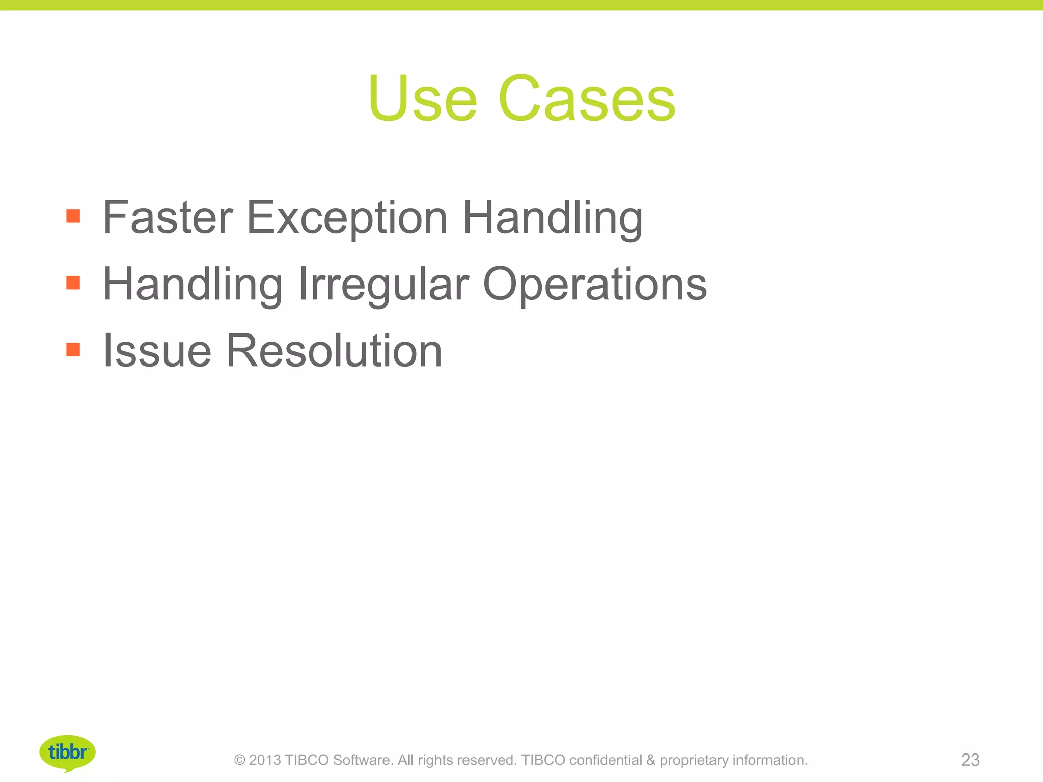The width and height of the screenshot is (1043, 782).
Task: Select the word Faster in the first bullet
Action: coord(168,217)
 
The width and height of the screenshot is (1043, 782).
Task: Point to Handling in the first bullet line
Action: coord(553,217)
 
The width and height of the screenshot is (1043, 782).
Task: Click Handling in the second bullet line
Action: coord(193,284)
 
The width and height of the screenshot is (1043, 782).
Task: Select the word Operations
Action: coord(595,284)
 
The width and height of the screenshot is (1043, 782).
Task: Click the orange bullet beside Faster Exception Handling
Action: coord(73,216)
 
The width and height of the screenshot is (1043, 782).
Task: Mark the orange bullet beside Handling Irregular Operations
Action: coord(73,283)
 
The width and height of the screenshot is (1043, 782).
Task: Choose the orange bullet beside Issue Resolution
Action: coord(73,349)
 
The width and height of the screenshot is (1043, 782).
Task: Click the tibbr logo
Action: coord(67,752)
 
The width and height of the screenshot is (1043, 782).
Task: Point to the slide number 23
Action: coord(970,760)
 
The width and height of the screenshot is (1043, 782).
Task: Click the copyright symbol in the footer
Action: coord(239,760)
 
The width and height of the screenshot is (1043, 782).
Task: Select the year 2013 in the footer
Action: coord(265,760)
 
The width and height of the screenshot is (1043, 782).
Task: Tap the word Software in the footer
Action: coord(363,760)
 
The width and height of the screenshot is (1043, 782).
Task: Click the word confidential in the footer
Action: coord(606,760)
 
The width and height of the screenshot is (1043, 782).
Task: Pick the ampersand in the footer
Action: coord(651,760)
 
